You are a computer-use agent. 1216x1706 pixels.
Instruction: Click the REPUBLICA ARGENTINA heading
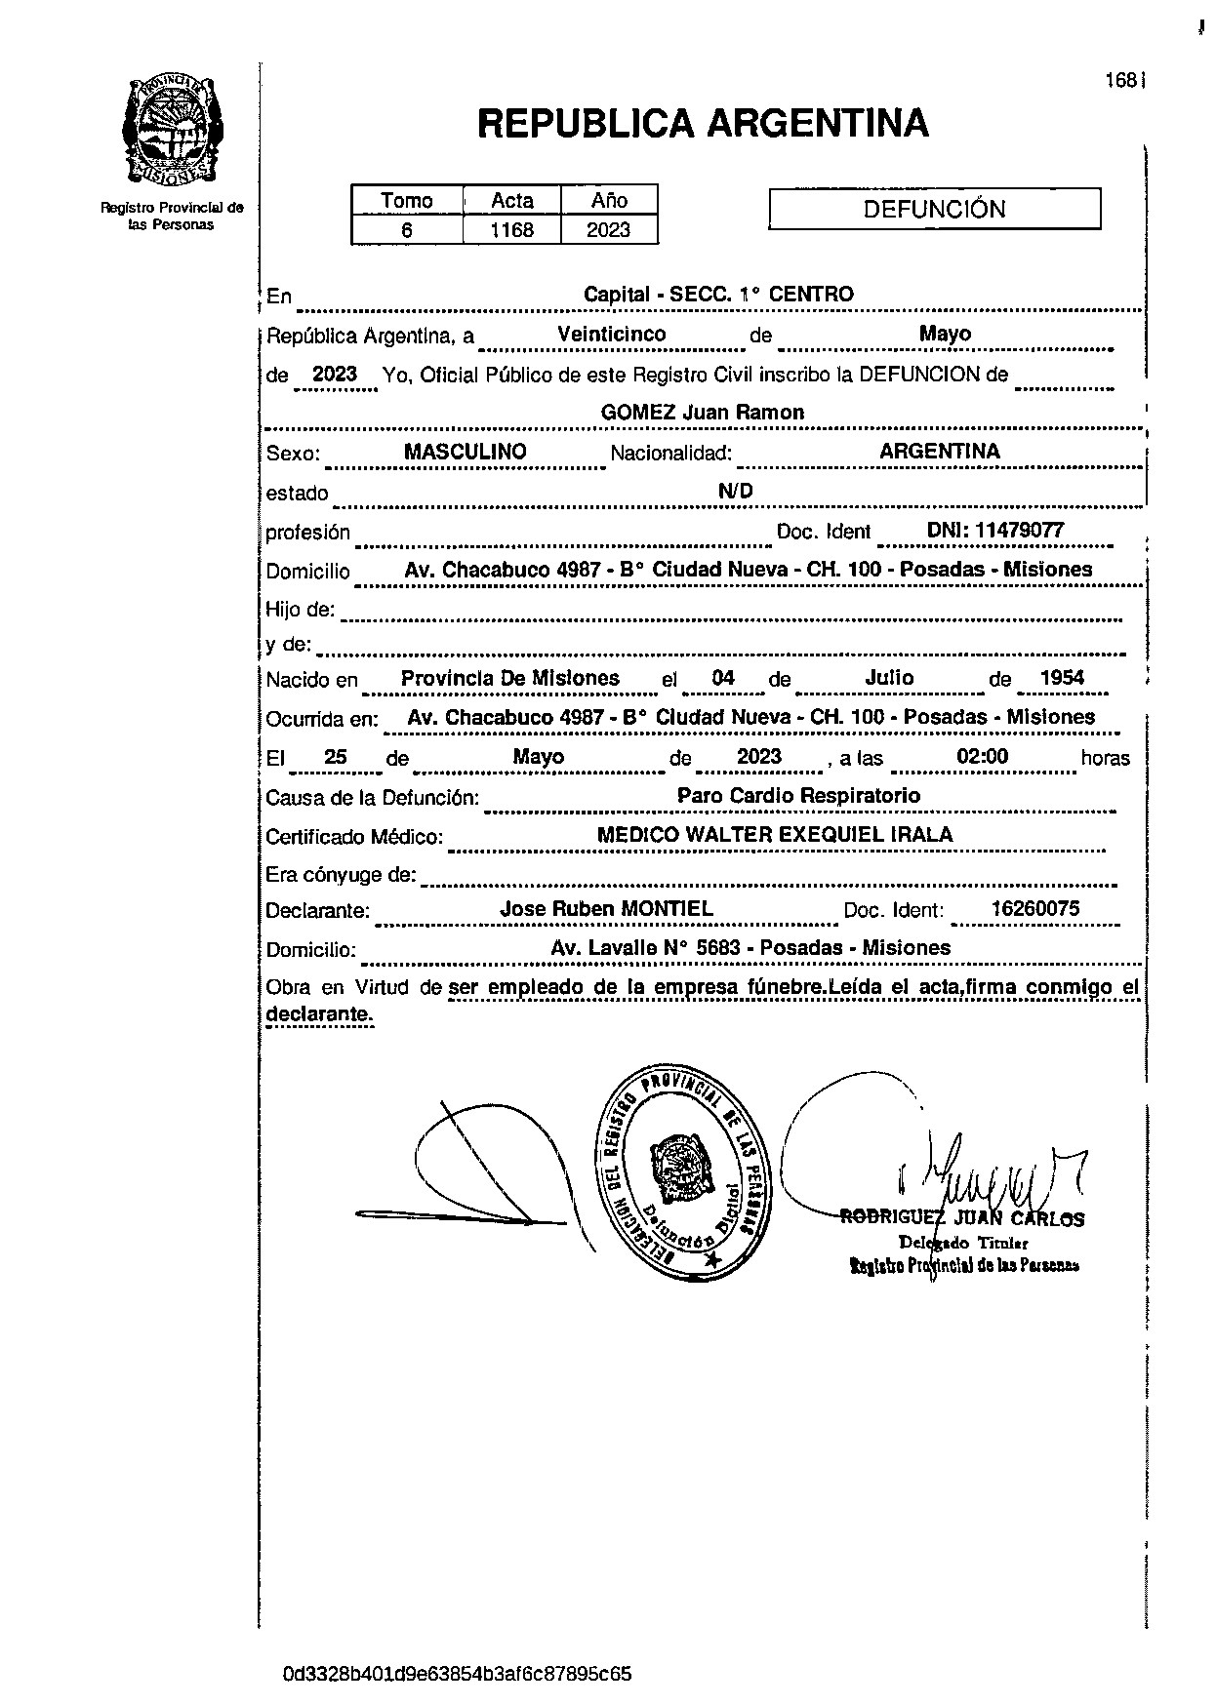coord(703,123)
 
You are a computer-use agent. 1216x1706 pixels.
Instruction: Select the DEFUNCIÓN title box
coord(934,209)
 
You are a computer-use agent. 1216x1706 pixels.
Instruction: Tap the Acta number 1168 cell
coord(511,230)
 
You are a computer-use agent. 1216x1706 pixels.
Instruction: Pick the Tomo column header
coord(406,200)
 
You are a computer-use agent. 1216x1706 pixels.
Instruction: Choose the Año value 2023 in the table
coord(608,230)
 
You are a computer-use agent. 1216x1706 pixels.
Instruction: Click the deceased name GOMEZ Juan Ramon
coord(702,412)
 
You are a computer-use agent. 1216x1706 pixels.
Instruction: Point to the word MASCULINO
coord(465,452)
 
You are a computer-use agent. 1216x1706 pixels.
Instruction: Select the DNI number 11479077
coord(994,531)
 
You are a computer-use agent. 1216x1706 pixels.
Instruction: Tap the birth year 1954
coord(1061,678)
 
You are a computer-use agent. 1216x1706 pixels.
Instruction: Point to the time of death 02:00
coord(983,757)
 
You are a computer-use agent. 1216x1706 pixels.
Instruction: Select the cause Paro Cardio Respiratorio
coord(798,795)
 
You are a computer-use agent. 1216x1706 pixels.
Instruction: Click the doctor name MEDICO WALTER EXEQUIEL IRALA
coord(774,834)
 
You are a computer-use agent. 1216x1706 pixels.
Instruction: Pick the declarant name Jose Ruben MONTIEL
coord(606,908)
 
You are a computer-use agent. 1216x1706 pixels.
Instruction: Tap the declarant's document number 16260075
coord(1034,908)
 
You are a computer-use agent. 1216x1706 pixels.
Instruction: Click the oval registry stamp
coord(681,1171)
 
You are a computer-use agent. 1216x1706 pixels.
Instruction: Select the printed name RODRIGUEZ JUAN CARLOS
coord(962,1219)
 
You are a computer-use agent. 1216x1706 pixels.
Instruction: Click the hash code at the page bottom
coord(457,1674)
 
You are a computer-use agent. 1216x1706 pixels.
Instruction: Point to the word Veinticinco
coord(611,334)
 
